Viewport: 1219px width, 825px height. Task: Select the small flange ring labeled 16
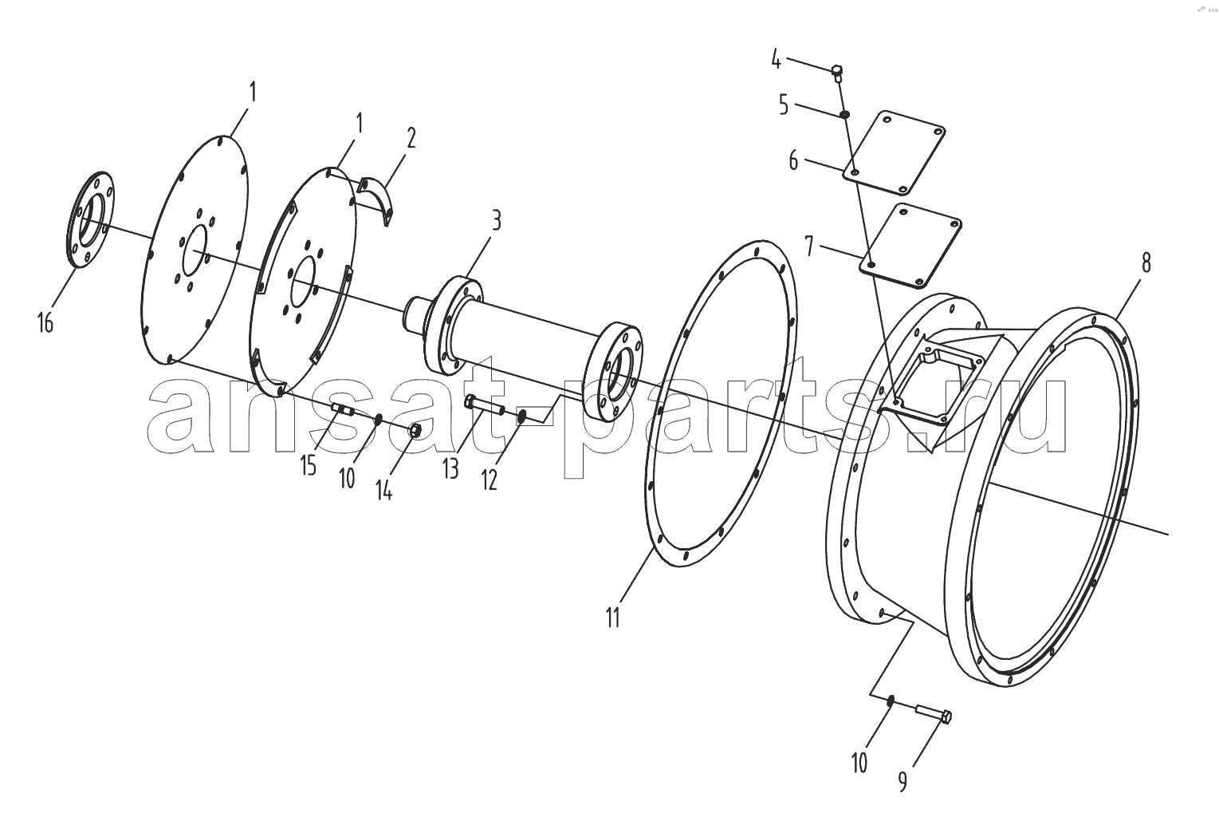[91, 219]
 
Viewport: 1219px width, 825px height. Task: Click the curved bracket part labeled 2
[378, 199]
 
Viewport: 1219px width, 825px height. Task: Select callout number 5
[784, 105]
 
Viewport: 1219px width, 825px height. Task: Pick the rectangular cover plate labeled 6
[894, 153]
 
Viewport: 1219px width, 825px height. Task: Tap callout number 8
[1146, 263]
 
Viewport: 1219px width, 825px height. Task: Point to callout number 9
[902, 782]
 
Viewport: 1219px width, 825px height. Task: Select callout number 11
[613, 618]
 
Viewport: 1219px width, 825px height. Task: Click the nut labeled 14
[415, 430]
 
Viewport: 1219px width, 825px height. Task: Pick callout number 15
[309, 466]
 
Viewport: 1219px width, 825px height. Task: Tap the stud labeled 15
[344, 409]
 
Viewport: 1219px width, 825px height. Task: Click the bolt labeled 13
[485, 405]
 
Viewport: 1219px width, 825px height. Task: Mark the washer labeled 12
[521, 417]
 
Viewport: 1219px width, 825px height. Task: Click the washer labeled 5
[844, 114]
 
